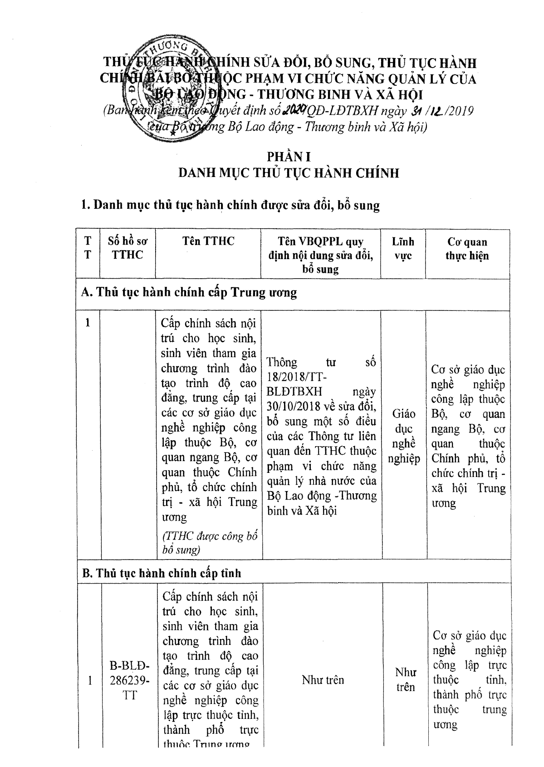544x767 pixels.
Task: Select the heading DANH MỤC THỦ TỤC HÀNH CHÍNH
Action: [289, 173]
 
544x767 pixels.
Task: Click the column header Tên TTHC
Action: [208, 241]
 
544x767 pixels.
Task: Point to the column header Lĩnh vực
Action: [403, 248]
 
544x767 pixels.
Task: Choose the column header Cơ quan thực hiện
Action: [467, 249]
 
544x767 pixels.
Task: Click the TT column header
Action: [88, 248]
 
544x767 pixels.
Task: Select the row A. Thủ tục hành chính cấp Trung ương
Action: [189, 292]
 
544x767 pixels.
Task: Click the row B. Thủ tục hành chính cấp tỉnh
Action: [162, 573]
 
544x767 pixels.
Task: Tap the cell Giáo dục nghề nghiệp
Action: [403, 436]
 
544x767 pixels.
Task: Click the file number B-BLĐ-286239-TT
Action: [129, 681]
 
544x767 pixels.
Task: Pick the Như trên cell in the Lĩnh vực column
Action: [405, 679]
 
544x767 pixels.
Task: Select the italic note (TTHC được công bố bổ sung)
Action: [209, 543]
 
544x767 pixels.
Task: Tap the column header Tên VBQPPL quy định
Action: [320, 255]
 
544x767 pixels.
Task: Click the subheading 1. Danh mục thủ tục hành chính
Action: [230, 205]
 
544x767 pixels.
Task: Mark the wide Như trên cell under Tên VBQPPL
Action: [323, 680]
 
